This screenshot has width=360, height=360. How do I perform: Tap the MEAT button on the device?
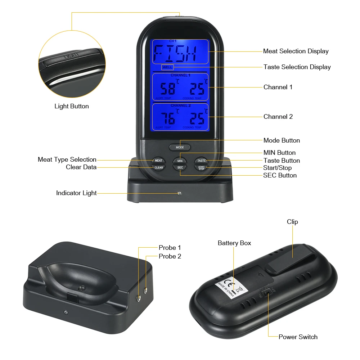click(158, 161)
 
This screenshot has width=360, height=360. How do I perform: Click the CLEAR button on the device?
click(158, 167)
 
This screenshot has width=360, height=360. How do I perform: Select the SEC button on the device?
click(180, 167)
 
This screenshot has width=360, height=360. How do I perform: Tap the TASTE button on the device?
click(201, 161)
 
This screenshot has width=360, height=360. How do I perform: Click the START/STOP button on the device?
click(201, 168)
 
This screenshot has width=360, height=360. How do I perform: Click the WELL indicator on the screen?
click(167, 67)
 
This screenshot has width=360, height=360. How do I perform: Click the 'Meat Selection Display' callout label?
click(296, 51)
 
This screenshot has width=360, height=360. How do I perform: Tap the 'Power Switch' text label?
click(298, 337)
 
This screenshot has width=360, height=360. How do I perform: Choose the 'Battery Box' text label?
click(234, 243)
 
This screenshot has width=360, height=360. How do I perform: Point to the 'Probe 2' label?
click(170, 256)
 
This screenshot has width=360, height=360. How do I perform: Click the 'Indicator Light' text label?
click(76, 193)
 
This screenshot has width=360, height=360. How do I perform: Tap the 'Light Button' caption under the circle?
click(72, 106)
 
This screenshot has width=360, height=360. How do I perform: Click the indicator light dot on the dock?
click(178, 193)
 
